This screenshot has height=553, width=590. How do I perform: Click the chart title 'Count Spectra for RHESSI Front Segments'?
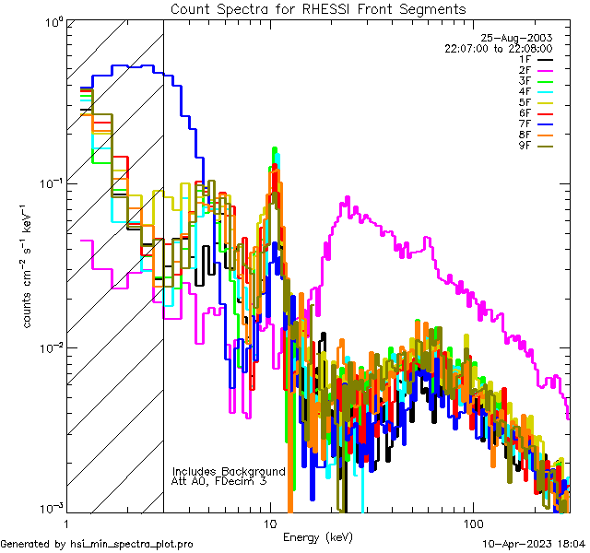(318, 9)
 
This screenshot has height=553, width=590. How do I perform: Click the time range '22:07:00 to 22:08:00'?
(498, 48)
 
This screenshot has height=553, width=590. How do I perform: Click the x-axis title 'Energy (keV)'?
(318, 537)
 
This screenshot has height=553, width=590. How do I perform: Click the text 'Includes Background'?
(229, 471)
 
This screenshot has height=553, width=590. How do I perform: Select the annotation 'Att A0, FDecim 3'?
(219, 481)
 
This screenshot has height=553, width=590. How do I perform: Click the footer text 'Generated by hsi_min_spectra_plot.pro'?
(97, 545)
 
